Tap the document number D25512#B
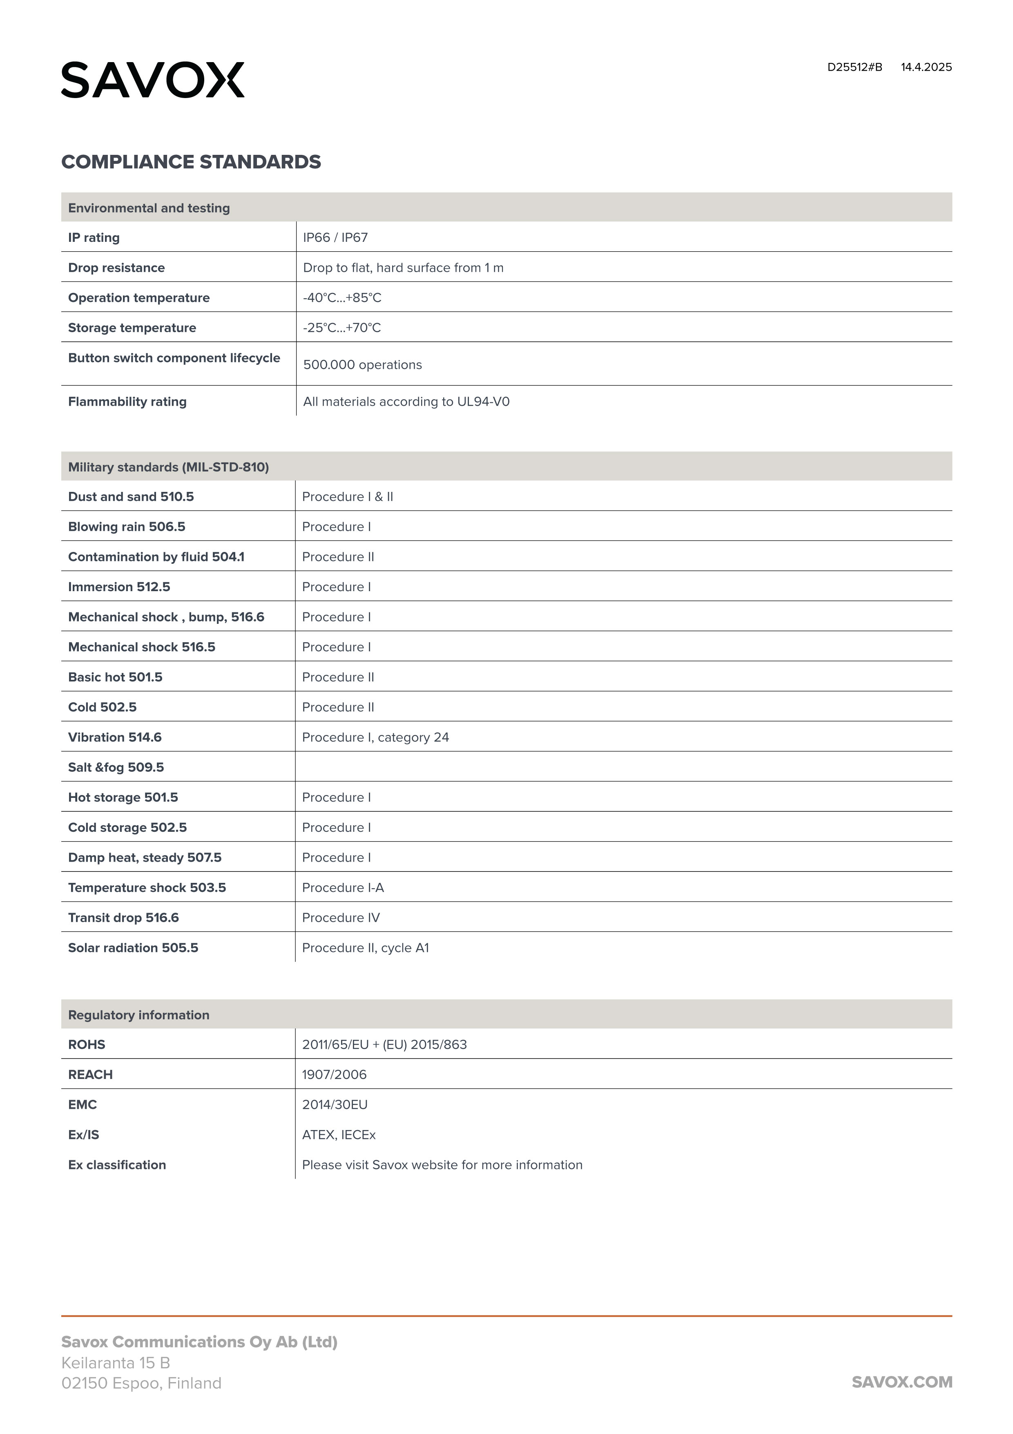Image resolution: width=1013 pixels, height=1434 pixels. [x=855, y=67]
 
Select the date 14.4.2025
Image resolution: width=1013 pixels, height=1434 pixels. [x=926, y=67]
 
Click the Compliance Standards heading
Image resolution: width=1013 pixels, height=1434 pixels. [x=191, y=162]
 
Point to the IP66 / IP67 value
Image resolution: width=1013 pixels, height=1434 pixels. [x=335, y=237]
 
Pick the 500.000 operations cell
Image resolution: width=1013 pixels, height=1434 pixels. [x=362, y=365]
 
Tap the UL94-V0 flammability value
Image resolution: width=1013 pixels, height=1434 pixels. [x=406, y=402]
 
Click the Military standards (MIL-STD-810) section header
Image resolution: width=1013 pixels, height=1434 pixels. [x=169, y=467]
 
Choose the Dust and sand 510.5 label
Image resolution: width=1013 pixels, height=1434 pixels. [x=131, y=496]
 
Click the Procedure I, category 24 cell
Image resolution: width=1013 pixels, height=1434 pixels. [x=375, y=737]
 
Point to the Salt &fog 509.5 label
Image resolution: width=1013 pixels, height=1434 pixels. [x=116, y=767]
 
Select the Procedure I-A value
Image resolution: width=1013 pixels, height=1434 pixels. [x=343, y=887]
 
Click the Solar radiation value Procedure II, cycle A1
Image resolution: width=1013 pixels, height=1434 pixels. [x=365, y=947]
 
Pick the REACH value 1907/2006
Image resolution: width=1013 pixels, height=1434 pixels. [x=334, y=1074]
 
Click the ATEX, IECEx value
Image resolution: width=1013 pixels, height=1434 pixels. [x=339, y=1134]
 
